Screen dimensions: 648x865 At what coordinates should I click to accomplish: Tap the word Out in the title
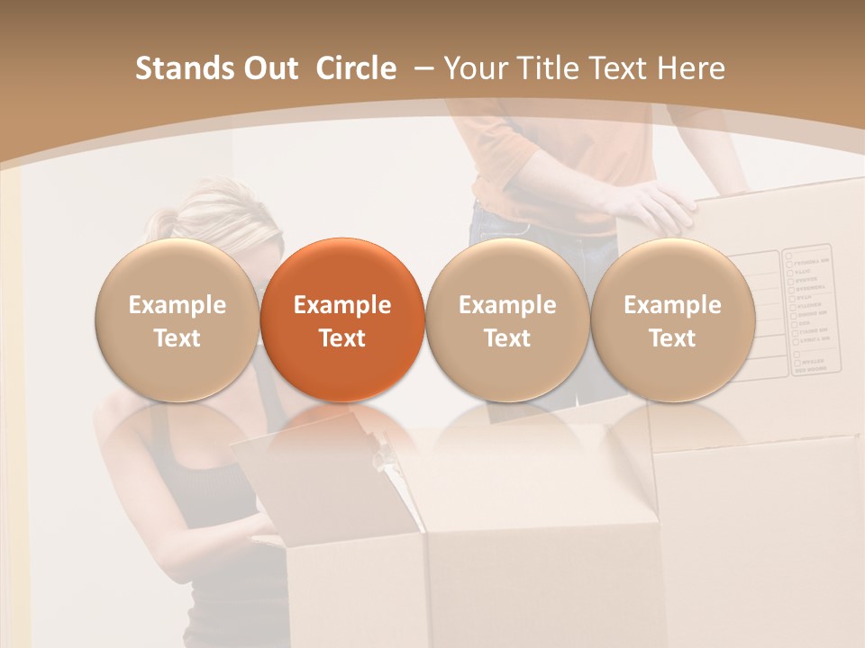[x=268, y=68]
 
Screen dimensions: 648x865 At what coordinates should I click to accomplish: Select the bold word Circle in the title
[x=356, y=68]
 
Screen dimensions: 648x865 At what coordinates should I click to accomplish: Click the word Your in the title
[x=473, y=68]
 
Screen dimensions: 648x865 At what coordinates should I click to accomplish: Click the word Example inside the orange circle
[x=342, y=305]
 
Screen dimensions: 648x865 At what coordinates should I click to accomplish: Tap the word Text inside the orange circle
[x=342, y=338]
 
